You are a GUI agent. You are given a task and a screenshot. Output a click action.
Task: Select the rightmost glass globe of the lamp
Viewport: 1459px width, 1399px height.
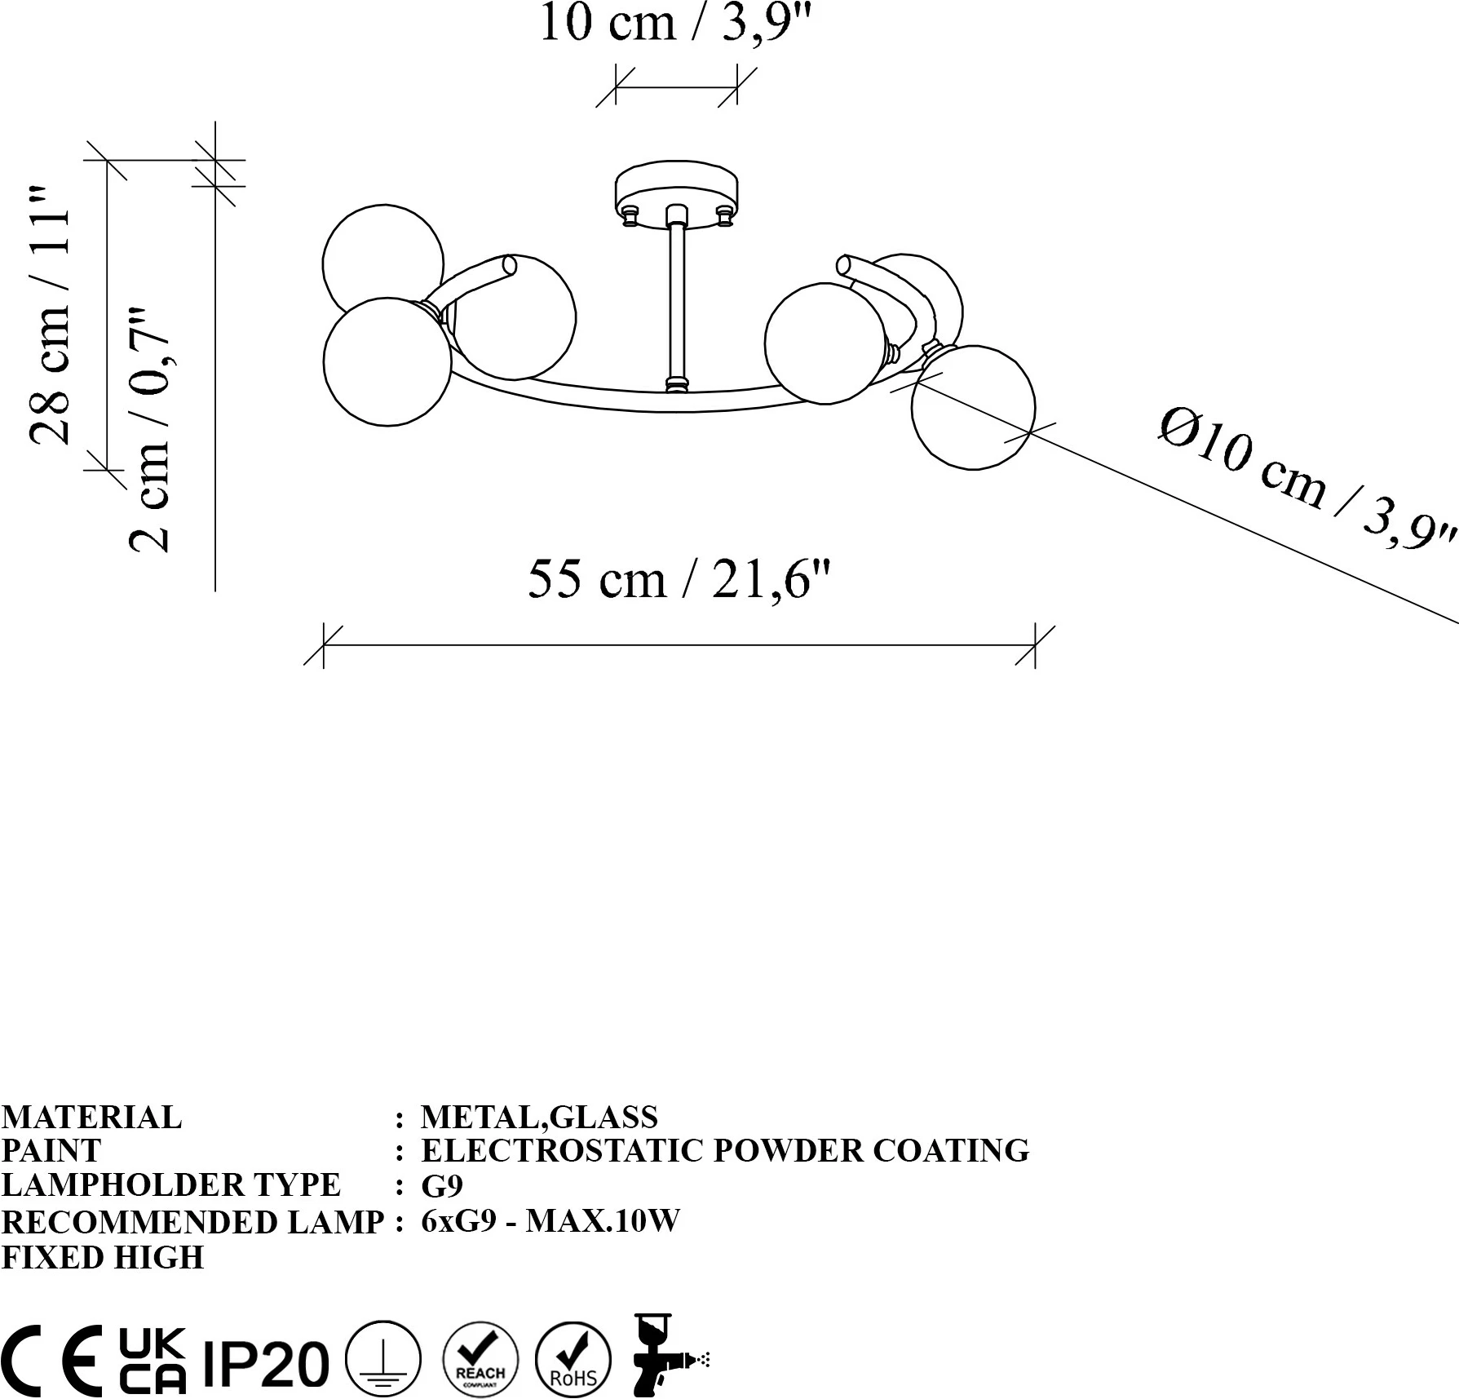[973, 407]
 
